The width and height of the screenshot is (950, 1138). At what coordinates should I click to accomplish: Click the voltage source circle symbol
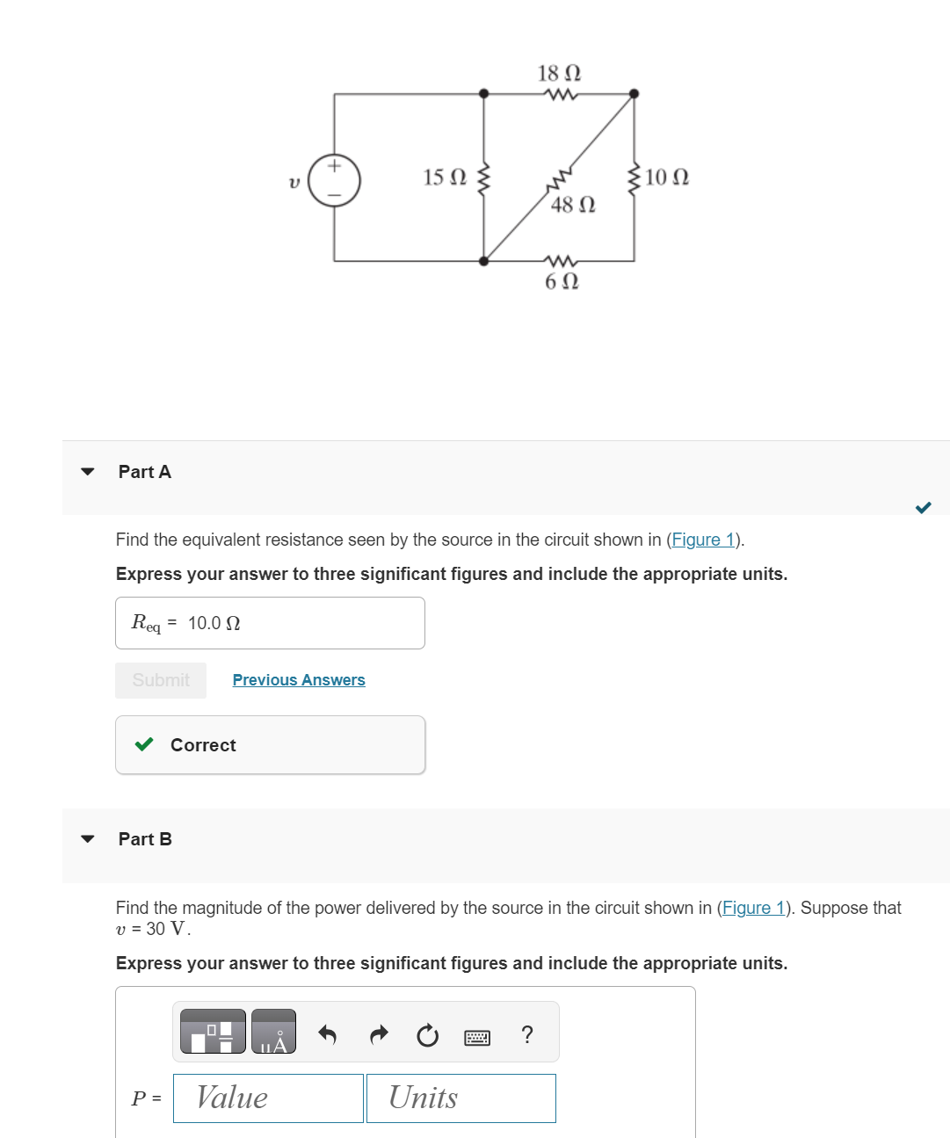point(334,181)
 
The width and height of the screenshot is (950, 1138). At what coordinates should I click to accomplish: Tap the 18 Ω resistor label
point(559,73)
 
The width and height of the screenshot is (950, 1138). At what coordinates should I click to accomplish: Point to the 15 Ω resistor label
point(445,178)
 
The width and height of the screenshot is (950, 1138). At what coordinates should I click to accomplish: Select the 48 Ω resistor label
point(573,205)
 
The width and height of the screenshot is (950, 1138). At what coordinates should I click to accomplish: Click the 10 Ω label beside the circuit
point(666,178)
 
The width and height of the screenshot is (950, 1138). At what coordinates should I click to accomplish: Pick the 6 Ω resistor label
point(562,281)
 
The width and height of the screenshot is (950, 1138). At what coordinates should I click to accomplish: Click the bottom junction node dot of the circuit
point(483,261)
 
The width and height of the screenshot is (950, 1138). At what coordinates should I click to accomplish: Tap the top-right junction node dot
point(634,94)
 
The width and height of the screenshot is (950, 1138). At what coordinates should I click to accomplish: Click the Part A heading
point(145,472)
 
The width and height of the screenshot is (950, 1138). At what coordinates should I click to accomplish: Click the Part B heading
point(145,839)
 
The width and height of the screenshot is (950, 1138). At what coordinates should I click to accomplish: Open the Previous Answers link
point(299,680)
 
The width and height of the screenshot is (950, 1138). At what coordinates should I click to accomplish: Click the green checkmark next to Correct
point(144,745)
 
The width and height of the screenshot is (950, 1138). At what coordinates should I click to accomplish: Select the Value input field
point(268,1098)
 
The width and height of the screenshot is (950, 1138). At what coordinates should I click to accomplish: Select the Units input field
point(460,1098)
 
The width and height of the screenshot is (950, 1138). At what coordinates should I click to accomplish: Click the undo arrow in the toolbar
point(327,1034)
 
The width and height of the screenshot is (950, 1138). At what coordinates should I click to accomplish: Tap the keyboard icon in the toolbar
point(477,1038)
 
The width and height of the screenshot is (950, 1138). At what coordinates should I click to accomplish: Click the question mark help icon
point(526,1034)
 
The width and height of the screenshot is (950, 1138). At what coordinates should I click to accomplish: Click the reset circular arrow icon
point(427,1035)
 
